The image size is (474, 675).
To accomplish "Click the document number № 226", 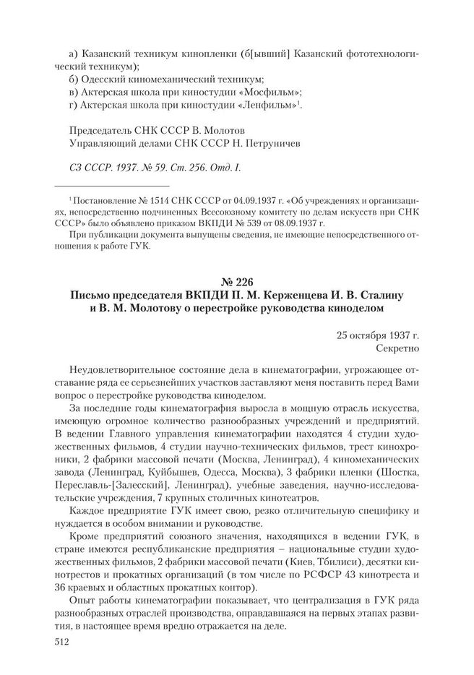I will click(x=236, y=280).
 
